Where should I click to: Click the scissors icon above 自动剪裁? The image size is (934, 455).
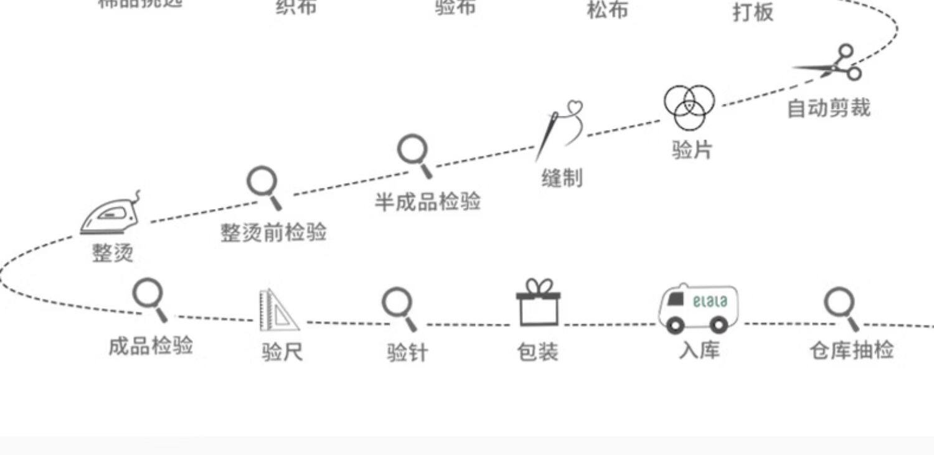(x=832, y=63)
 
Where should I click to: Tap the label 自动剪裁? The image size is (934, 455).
(x=828, y=108)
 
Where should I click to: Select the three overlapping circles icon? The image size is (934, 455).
(x=689, y=106)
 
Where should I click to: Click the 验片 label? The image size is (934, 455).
(x=692, y=149)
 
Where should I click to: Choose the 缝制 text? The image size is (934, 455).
(x=562, y=178)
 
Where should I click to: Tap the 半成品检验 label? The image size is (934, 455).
(x=427, y=202)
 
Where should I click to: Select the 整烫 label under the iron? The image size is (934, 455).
(x=113, y=253)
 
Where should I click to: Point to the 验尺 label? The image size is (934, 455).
(x=282, y=353)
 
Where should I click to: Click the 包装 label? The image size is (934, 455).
(x=537, y=352)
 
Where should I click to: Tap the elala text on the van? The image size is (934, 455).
(x=709, y=301)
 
